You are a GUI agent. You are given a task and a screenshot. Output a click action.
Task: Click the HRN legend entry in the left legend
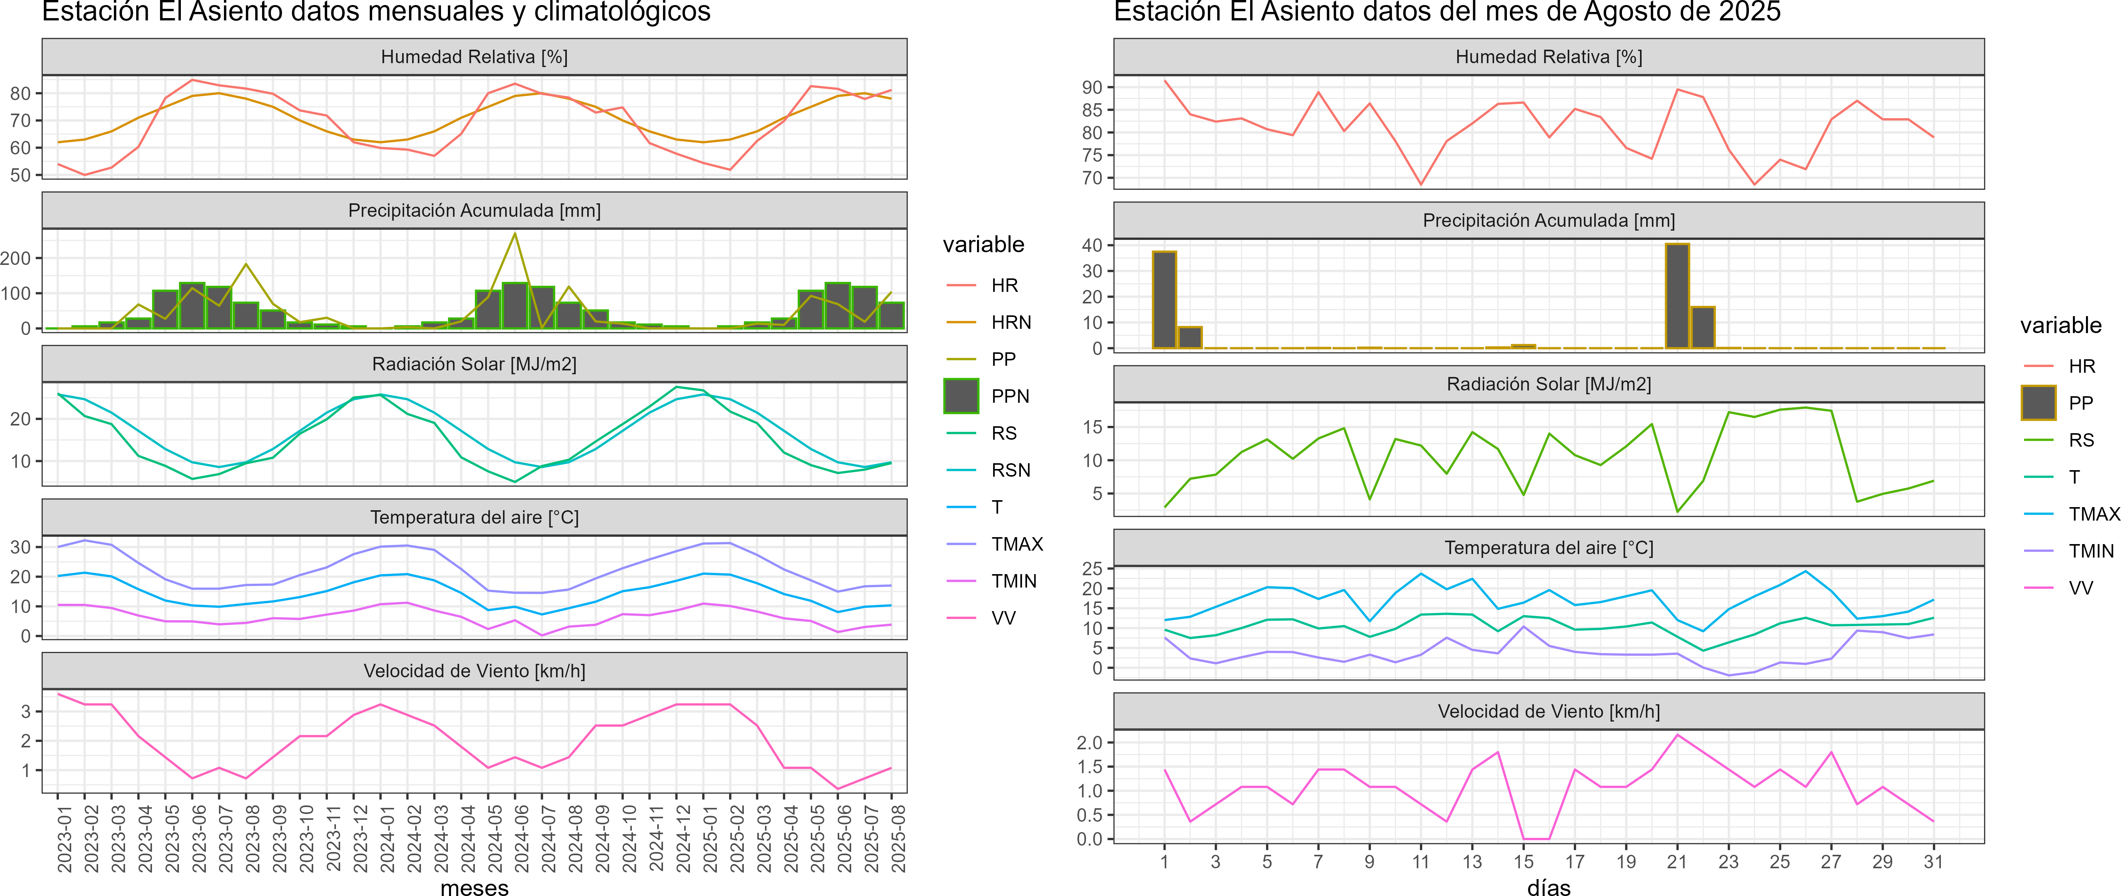pos(1010,322)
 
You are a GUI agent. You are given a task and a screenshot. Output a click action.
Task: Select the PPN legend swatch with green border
pos(961,396)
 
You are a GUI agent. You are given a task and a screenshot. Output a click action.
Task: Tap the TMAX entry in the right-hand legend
pos(2093,514)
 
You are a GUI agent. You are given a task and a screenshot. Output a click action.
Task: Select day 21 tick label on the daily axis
pos(1677,861)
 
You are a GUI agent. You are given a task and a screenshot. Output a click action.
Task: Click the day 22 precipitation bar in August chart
pos(1703,327)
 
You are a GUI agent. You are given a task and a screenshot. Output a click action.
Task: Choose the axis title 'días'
pos(1549,887)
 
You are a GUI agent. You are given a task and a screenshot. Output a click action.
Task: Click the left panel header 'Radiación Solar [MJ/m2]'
pos(474,364)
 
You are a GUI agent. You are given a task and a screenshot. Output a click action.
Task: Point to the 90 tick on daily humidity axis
pos(1092,87)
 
